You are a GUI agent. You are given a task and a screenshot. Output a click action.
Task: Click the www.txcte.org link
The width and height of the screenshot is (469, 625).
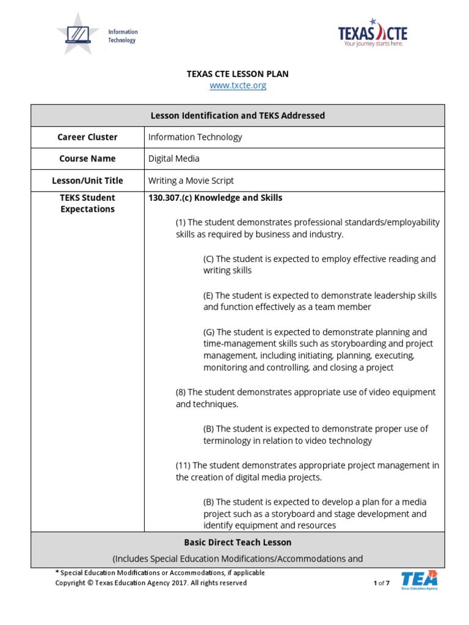tap(238, 85)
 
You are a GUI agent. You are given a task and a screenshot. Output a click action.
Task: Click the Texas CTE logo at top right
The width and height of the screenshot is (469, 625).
tap(373, 33)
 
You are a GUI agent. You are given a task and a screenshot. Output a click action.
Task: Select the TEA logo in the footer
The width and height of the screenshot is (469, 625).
tap(419, 580)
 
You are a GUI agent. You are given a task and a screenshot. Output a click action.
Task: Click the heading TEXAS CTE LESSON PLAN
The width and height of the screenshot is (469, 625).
tap(238, 74)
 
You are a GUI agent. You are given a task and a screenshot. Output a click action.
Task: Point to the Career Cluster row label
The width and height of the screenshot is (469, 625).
tap(87, 137)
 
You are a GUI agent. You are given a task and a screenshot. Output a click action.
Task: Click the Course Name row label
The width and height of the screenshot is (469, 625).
tap(87, 159)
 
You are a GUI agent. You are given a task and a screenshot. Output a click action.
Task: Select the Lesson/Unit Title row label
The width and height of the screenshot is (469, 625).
tap(87, 181)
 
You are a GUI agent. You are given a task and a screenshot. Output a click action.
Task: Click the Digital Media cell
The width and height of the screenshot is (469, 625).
tap(173, 159)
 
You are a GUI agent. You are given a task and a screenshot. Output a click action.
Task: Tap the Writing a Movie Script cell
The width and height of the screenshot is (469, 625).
tap(191, 181)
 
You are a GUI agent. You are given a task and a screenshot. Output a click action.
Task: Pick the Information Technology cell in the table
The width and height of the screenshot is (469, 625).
tap(195, 137)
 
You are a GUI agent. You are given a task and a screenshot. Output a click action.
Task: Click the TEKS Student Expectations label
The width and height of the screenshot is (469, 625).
tap(87, 203)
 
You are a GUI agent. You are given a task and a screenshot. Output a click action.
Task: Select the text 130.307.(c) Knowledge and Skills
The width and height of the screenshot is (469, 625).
tap(215, 198)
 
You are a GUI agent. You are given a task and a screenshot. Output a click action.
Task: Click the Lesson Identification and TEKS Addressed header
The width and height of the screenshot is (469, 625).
tap(238, 115)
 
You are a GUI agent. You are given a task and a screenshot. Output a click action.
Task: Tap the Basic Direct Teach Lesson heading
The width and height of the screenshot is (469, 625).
tap(238, 542)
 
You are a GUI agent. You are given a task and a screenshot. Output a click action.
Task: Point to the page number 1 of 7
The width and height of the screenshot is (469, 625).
tap(381, 583)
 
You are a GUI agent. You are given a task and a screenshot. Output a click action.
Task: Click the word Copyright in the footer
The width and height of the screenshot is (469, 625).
tap(72, 583)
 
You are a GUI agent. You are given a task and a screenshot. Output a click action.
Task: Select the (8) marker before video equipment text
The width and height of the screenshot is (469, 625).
tap(181, 392)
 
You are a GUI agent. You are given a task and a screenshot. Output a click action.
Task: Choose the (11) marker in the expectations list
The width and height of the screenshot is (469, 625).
tap(183, 465)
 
